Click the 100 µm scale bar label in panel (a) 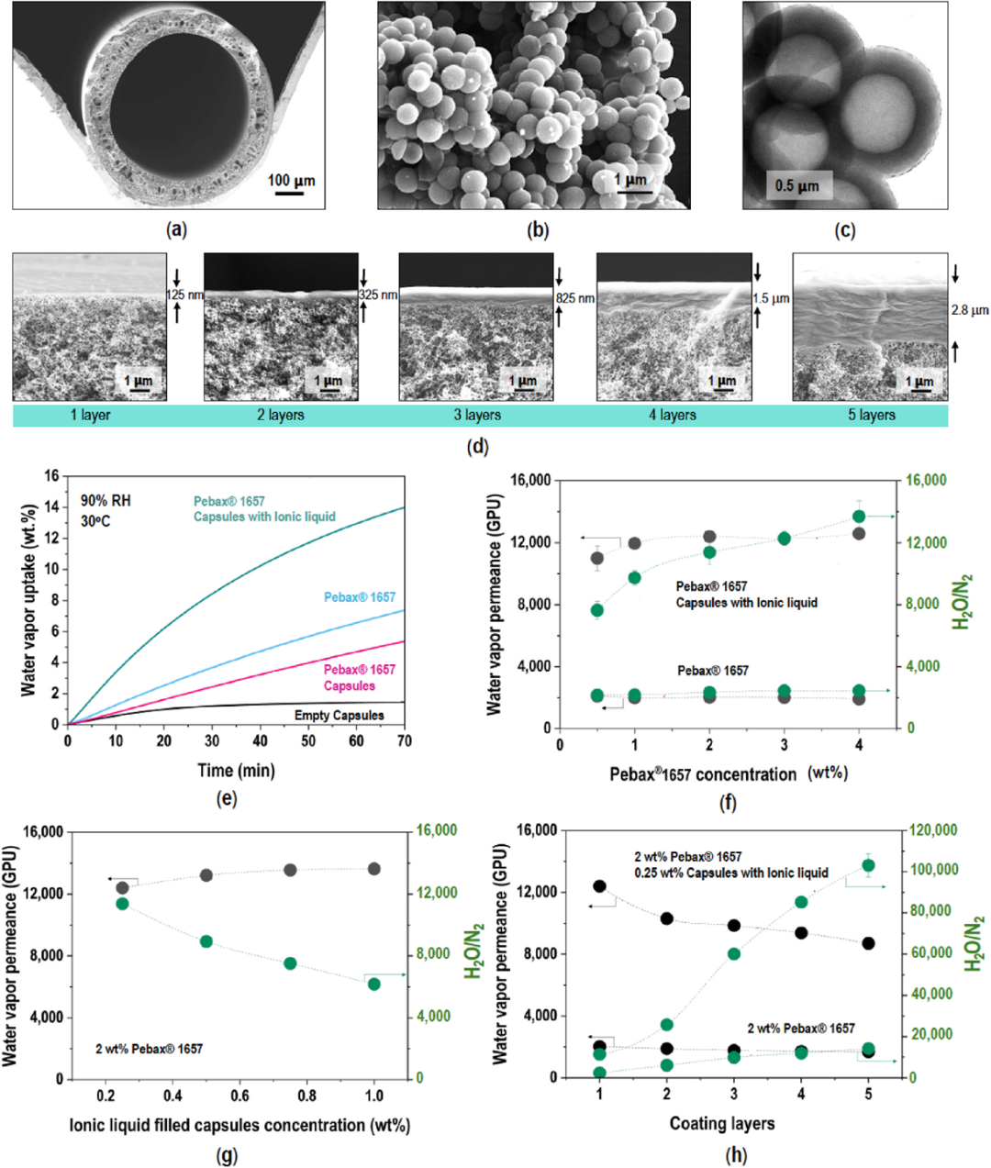coord(291,181)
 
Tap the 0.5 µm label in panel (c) coord(796,186)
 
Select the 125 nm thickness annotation coord(184,295)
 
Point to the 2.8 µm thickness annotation coord(970,311)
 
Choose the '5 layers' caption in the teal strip coord(871,416)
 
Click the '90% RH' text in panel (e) coord(106,501)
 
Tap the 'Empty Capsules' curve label coord(339,715)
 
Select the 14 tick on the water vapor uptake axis coord(52,507)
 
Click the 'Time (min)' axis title coord(236,770)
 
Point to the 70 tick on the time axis coord(404,741)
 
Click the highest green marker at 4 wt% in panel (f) coord(859,517)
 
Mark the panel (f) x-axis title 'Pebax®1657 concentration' coord(703,774)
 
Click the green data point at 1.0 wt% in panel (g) coord(373,984)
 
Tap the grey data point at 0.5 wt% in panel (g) coord(206,875)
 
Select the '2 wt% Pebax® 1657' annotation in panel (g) coord(150,1049)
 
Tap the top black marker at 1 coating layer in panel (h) coord(600,886)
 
